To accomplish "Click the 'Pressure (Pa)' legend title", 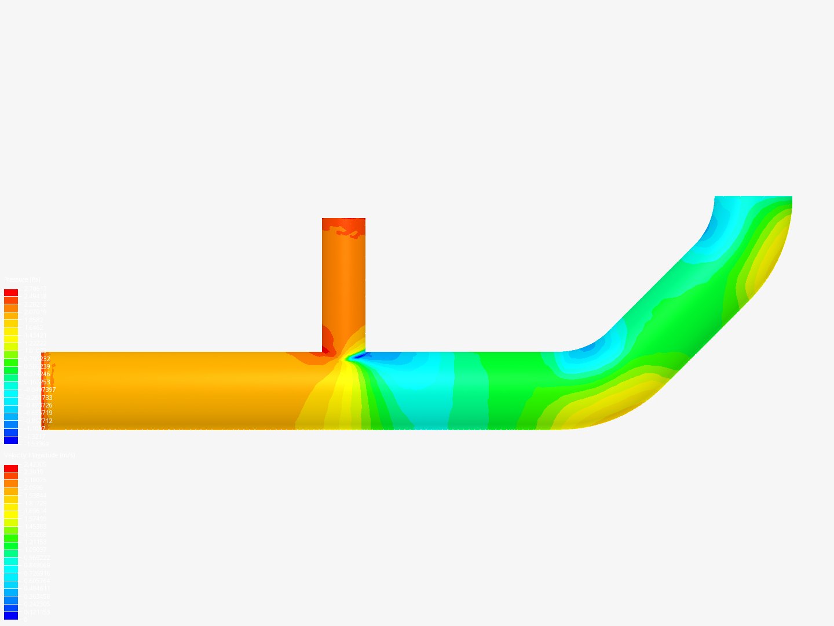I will click(x=22, y=280).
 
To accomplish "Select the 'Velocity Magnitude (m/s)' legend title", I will click(x=39, y=456).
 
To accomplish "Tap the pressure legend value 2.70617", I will click(x=35, y=289).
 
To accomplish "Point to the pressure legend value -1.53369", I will click(x=36, y=443).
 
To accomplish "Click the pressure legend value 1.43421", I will click(x=35, y=336).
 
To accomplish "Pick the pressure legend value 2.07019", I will click(x=35, y=312).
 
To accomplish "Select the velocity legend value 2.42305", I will click(x=35, y=464).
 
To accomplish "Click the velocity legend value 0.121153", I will click(x=36, y=612).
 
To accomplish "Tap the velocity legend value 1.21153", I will click(x=35, y=542).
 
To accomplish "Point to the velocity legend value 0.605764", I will click(x=36, y=581).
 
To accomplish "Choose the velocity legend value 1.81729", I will click(x=35, y=503).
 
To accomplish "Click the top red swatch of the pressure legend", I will click(x=11, y=293).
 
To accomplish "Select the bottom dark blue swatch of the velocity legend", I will click(x=11, y=616).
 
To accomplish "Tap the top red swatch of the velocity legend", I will click(x=11, y=468).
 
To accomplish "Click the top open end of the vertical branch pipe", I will click(x=343, y=220).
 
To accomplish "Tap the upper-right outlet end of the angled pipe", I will click(x=753, y=198).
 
